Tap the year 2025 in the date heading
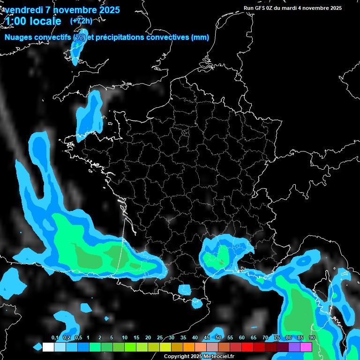(x=107, y=10)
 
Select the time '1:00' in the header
(x=15, y=21)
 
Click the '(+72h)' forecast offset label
(x=81, y=21)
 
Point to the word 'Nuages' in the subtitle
(x=19, y=37)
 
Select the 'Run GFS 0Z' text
(x=258, y=8)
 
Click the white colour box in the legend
(x=48, y=347)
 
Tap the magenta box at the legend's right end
(x=306, y=347)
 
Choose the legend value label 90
(x=312, y=338)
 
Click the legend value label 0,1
(x=55, y=338)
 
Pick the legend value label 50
(x=218, y=338)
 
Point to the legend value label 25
(x=160, y=338)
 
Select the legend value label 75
(x=277, y=338)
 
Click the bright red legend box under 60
(x=247, y=347)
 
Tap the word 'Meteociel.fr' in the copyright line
(x=218, y=356)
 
